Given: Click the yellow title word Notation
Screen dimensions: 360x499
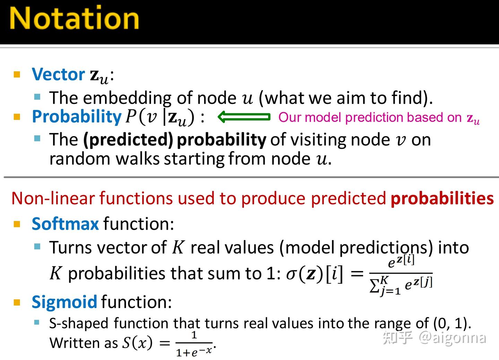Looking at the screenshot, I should [x=74, y=18].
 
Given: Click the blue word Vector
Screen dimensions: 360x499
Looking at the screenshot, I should [x=58, y=74].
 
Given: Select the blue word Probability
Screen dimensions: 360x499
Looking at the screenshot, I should [x=77, y=116].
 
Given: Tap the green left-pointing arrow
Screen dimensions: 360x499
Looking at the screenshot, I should [x=244, y=117].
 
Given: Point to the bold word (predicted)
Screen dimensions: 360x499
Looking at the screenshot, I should [x=128, y=140].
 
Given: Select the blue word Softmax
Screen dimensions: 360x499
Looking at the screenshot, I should [x=65, y=224].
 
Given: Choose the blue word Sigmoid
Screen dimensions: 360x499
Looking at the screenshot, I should [x=64, y=302].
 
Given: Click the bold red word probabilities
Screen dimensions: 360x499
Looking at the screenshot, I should [x=442, y=199].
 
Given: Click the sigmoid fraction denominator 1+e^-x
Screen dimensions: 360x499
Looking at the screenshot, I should [x=194, y=352].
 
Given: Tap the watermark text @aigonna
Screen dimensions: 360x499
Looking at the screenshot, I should [x=452, y=337].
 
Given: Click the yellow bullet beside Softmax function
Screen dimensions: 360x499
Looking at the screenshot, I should [x=17, y=224].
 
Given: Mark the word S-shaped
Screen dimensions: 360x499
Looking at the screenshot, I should [x=79, y=323].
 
